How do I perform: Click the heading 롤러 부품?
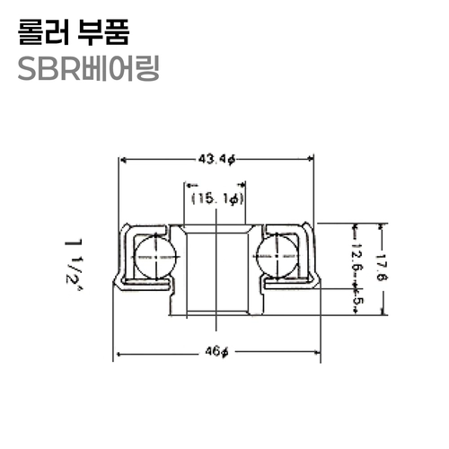(74, 33)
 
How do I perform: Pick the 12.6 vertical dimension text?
(355, 257)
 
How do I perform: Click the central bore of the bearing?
(216, 269)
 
